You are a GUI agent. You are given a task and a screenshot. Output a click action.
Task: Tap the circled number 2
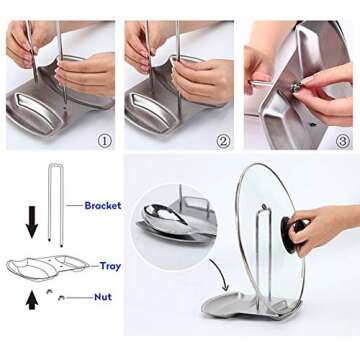[x=222, y=141]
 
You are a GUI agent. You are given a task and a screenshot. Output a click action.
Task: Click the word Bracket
[x=102, y=205]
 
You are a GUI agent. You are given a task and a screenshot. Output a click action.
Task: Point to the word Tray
[x=110, y=266]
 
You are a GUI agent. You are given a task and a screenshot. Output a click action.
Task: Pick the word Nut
[x=102, y=297]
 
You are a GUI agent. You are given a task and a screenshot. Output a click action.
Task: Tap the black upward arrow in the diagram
[x=31, y=297]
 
